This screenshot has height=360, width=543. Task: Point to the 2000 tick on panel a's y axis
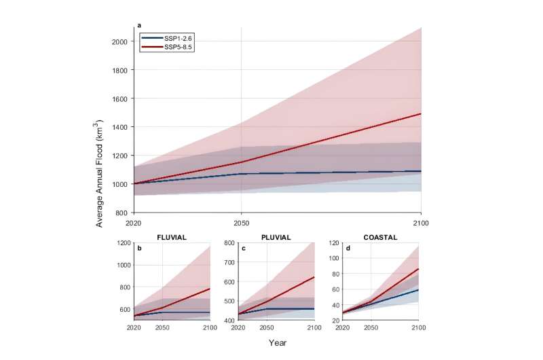coord(119,41)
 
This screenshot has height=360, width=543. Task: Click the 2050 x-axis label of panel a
coord(242,222)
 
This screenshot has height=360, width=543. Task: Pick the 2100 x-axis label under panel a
coord(420,222)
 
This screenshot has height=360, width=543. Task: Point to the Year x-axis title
coord(276,343)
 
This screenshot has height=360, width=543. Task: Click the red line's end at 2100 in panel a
coord(421,113)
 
